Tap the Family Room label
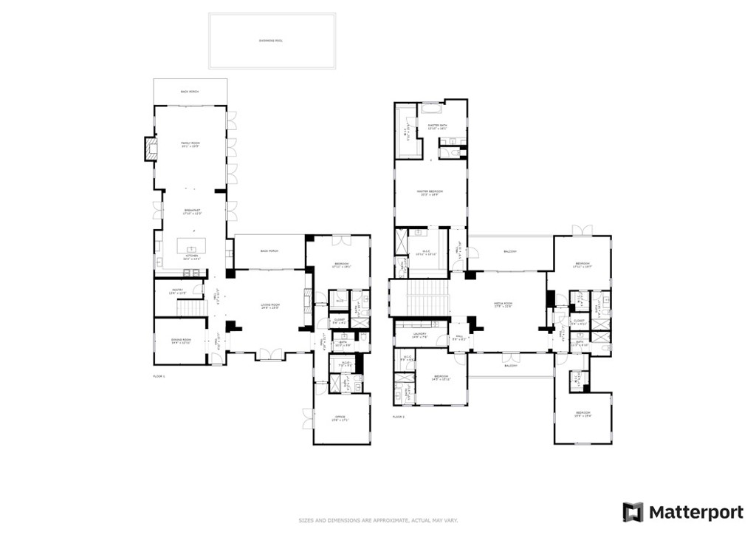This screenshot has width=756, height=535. point(190,145)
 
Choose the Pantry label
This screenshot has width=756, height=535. point(177,291)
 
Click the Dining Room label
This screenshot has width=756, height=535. point(181,341)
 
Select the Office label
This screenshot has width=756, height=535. point(340,418)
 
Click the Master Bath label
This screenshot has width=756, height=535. point(439,126)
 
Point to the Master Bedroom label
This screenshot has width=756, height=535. point(430,194)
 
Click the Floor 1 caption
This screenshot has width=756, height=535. point(159,377)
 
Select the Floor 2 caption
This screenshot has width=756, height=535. point(399,418)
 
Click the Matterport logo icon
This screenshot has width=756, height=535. point(633,512)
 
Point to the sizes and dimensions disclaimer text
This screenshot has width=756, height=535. point(377,520)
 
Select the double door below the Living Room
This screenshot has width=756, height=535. point(269,355)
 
